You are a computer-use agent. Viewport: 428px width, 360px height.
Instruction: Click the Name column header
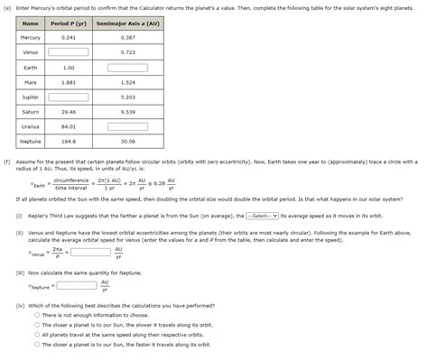31,23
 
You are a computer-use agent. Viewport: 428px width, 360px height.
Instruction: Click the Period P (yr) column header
69,23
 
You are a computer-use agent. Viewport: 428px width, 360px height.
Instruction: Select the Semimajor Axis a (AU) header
127,23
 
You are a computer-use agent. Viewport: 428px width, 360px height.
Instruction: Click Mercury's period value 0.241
69,37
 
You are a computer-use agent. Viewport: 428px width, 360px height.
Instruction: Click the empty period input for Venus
69,52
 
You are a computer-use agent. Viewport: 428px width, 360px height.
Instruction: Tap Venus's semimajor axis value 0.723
127,52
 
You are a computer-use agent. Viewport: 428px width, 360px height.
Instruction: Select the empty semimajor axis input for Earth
127,67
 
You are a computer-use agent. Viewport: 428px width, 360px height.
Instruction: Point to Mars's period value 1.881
69,82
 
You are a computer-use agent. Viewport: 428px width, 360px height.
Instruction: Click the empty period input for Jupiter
69,97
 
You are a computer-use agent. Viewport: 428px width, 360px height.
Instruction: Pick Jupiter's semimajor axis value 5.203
127,97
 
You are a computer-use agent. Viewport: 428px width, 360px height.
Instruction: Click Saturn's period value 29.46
69,112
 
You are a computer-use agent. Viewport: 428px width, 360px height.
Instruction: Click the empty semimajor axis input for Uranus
127,126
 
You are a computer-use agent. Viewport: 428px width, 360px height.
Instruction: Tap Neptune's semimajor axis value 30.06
127,141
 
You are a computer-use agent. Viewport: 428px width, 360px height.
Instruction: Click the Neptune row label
31,141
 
